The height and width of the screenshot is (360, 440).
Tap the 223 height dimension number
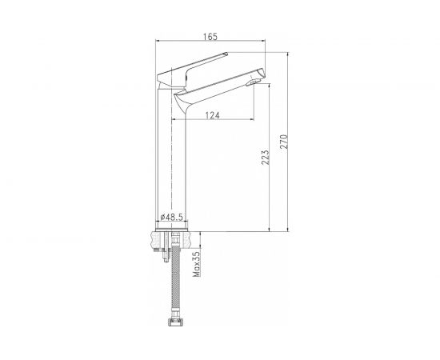tap(264, 159)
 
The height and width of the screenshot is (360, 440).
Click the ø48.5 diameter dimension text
tap(173, 216)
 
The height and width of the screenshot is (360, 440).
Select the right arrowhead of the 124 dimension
tap(253, 119)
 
